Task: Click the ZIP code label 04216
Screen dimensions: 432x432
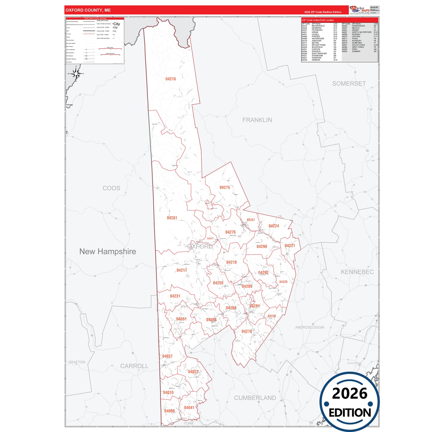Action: [170, 79]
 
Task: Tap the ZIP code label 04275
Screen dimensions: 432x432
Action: [225, 187]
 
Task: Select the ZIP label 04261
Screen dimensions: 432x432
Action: [172, 218]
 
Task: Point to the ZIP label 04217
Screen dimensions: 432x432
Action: [181, 270]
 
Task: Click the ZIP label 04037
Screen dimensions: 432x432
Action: [167, 356]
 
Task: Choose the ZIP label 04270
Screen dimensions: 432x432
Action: [247, 332]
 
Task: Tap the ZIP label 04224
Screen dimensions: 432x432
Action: [274, 226]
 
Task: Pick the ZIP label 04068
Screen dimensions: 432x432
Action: [170, 411]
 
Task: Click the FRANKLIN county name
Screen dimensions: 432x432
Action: [257, 120]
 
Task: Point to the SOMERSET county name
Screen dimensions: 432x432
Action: [349, 84]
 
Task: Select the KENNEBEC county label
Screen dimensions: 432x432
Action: [357, 272]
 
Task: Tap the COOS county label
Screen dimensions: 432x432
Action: [111, 188]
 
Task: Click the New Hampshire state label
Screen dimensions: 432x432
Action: [108, 252]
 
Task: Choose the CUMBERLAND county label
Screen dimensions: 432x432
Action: [255, 398]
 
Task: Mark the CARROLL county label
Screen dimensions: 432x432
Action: [134, 366]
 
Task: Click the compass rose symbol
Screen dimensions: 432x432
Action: [76, 73]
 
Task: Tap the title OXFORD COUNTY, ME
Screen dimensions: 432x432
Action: [88, 10]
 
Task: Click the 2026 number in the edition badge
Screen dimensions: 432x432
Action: [349, 393]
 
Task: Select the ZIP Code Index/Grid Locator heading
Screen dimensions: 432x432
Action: [318, 20]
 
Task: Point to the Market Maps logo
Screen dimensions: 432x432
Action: [360, 10]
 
